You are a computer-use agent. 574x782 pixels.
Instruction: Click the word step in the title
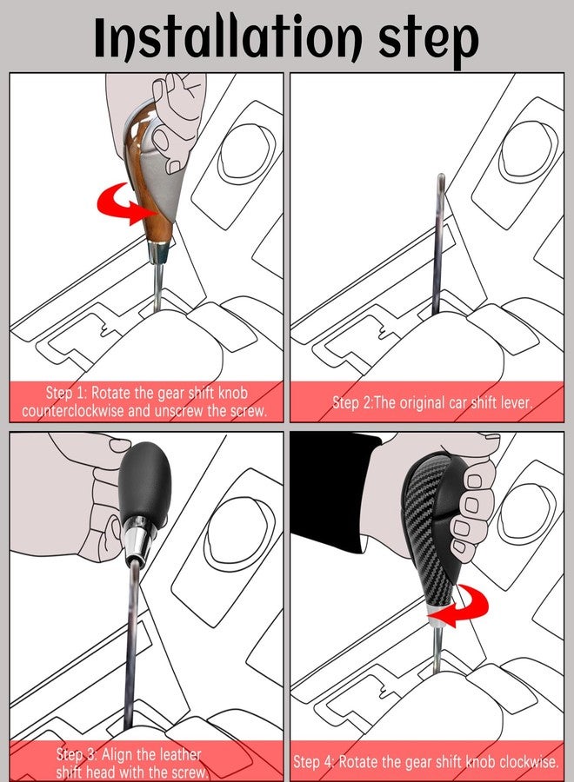(428, 41)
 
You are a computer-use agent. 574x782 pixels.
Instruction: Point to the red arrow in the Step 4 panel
(461, 605)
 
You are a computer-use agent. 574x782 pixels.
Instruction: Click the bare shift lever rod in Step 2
(438, 243)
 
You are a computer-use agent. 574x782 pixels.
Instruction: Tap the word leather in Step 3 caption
(177, 753)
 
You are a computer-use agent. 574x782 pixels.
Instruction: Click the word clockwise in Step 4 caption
(528, 761)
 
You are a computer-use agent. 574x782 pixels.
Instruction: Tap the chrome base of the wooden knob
(159, 252)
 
